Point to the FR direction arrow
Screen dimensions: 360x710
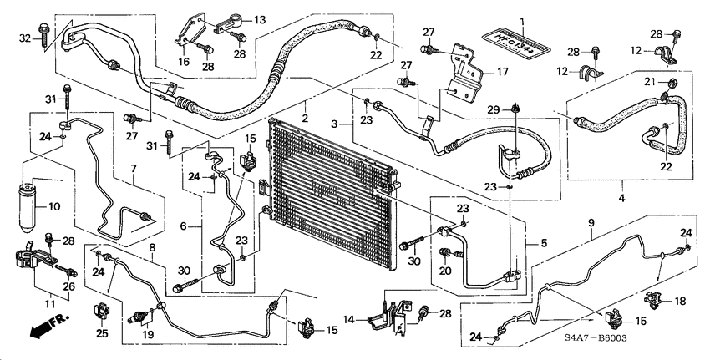tap(47, 327)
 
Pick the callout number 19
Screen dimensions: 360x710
tap(149, 334)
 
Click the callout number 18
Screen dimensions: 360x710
tap(679, 301)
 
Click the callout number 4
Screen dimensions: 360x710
tap(622, 198)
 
